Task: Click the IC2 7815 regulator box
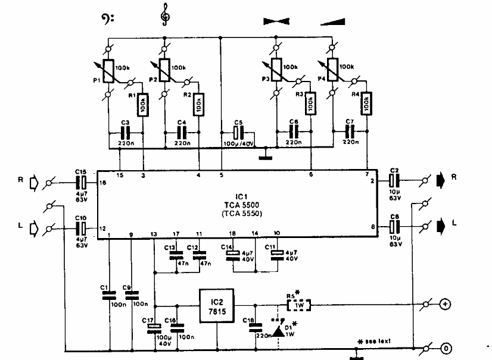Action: [x=216, y=305]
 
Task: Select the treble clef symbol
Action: [x=164, y=14]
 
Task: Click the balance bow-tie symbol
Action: [x=279, y=21]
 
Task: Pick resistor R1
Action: [x=142, y=107]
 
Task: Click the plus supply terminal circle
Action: [x=444, y=305]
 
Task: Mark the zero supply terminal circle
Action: [x=444, y=347]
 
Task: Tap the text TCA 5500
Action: [x=241, y=204]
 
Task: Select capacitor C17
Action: [x=155, y=326]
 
